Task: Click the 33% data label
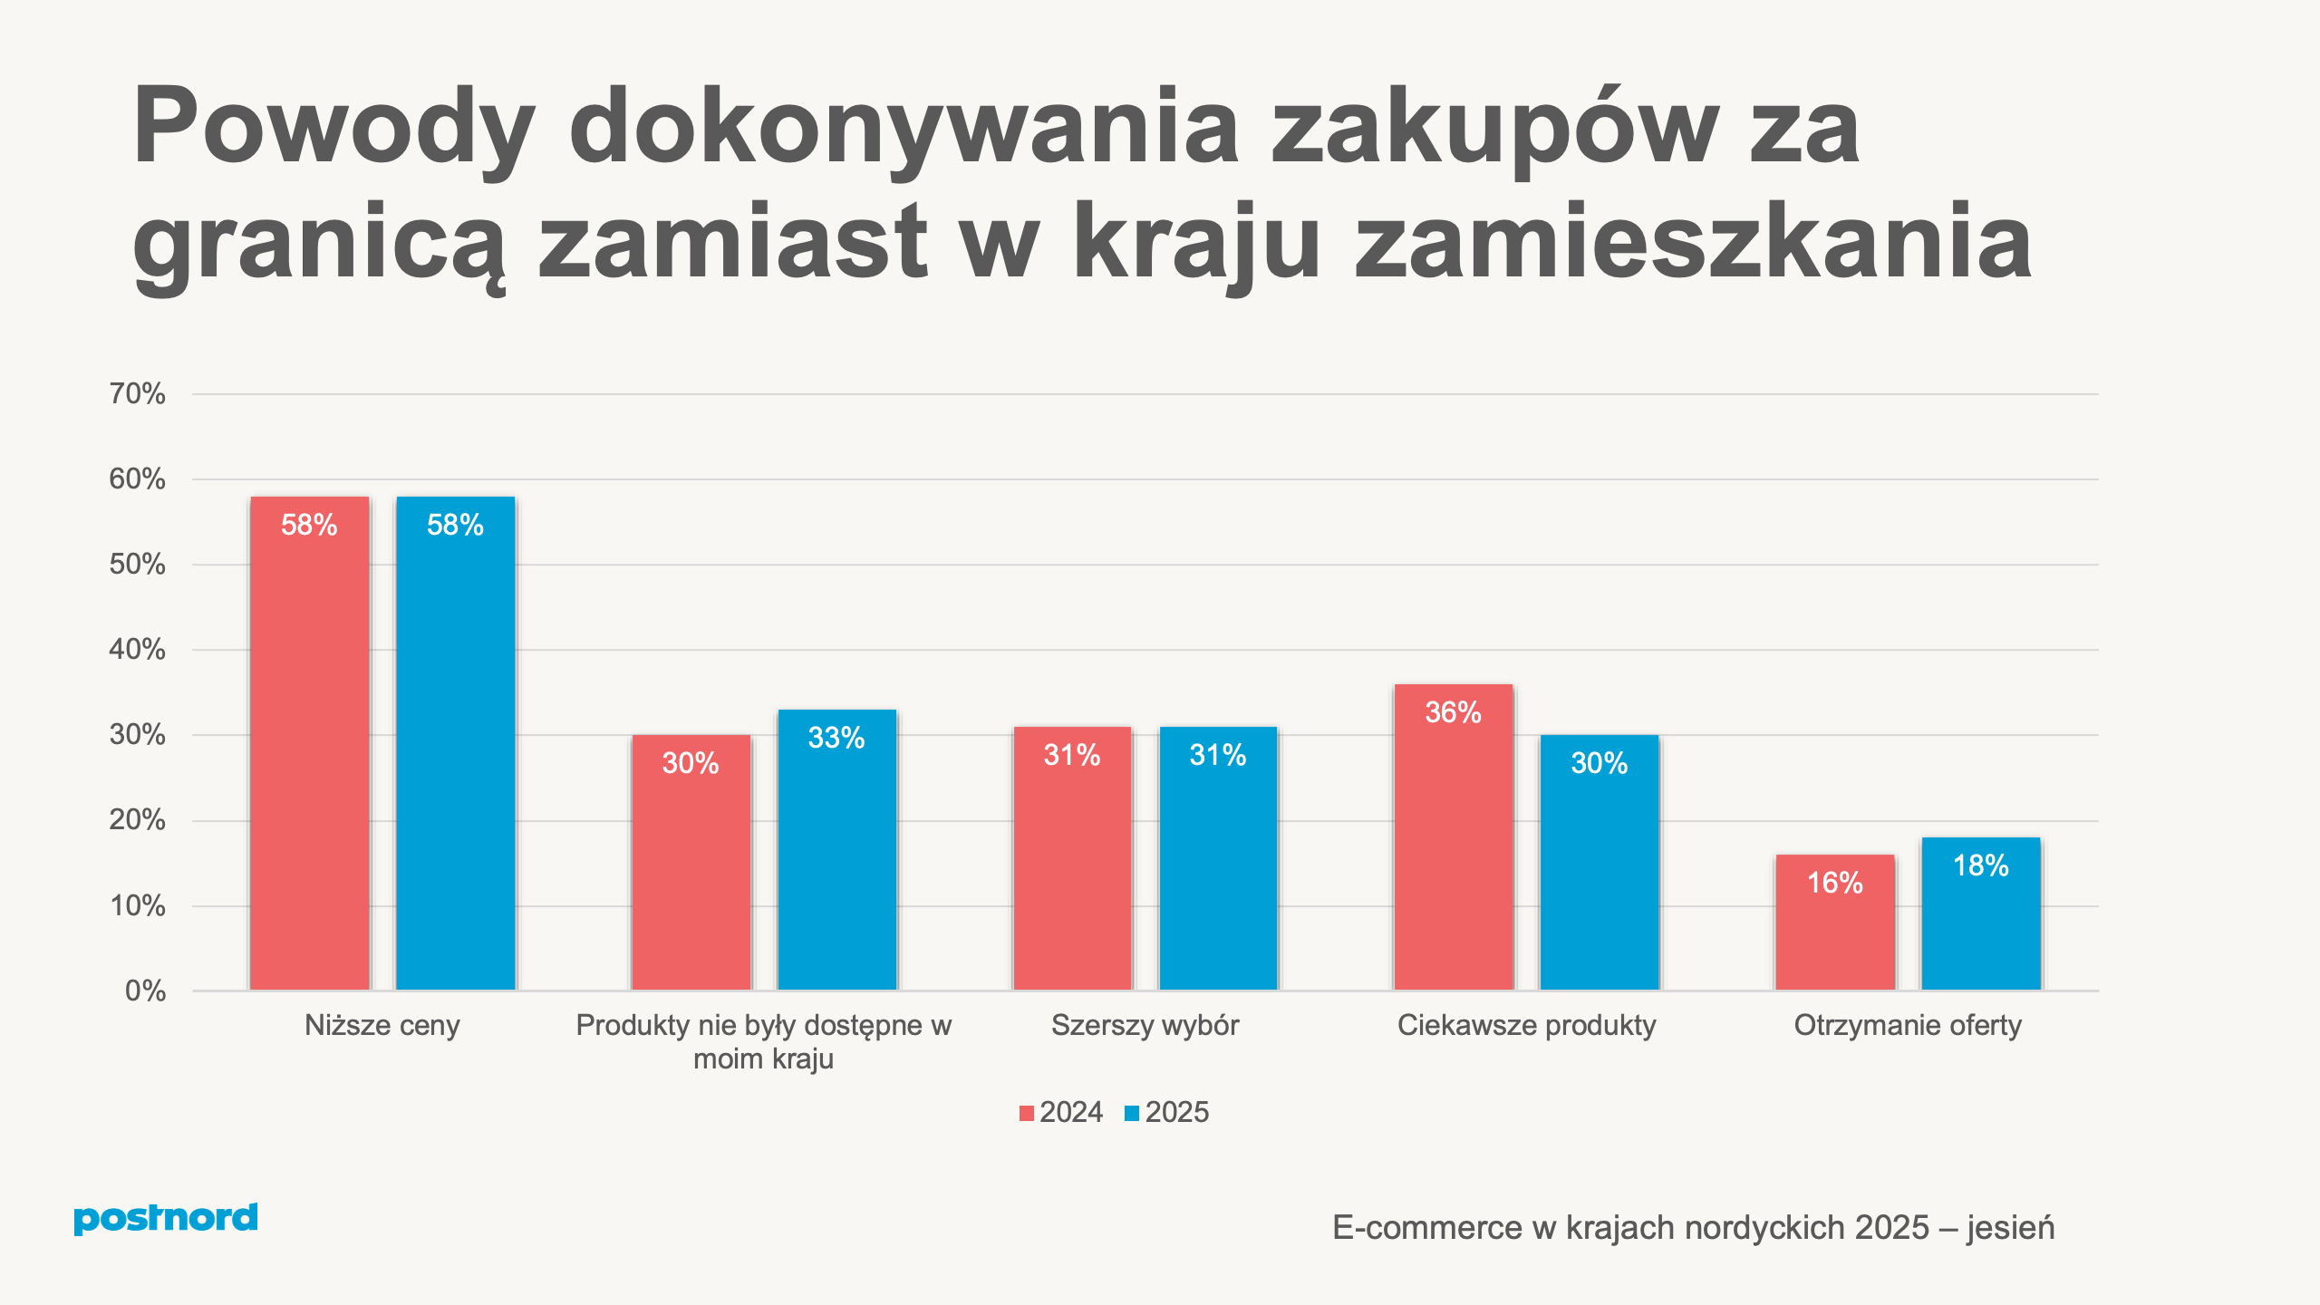click(x=836, y=738)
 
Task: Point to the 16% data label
click(x=1834, y=883)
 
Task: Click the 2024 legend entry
click(x=1061, y=1112)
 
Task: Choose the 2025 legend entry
click(x=1167, y=1112)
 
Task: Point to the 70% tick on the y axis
click(x=137, y=393)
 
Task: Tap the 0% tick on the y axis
click(x=145, y=991)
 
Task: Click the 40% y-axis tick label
click(x=137, y=649)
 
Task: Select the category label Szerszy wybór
click(x=1145, y=1025)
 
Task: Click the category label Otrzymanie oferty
click(x=1907, y=1025)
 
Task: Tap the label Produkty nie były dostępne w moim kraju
click(x=763, y=1041)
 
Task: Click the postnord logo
click(x=165, y=1218)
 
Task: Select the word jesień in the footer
click(x=2010, y=1228)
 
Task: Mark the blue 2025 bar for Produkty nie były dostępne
click(x=836, y=861)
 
